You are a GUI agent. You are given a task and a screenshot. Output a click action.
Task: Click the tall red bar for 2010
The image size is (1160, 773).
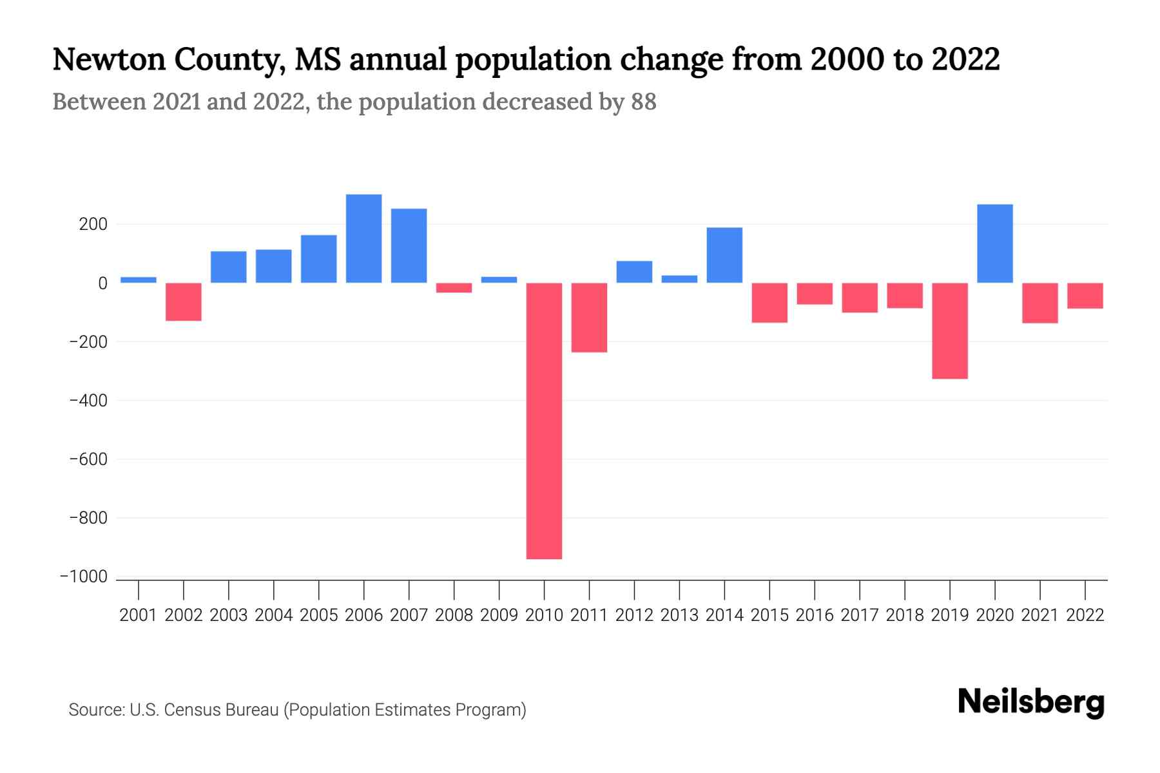point(544,421)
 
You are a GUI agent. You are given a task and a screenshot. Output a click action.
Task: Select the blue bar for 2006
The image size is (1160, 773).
point(363,238)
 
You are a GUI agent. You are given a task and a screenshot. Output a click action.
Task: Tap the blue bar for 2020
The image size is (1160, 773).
point(994,243)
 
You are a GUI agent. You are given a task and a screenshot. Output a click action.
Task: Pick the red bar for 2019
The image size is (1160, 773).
point(949,330)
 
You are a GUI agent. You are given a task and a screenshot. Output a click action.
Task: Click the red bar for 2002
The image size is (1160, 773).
point(184,301)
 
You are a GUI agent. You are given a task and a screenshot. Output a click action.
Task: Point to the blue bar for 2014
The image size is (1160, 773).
point(724,255)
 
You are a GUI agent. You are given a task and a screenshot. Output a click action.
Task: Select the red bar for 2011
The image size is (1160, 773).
point(589,318)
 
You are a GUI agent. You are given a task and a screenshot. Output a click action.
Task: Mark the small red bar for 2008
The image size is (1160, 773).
point(454,288)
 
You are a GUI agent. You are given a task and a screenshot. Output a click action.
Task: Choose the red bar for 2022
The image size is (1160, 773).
point(1085,296)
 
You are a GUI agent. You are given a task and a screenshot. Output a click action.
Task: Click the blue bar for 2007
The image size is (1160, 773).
point(409,245)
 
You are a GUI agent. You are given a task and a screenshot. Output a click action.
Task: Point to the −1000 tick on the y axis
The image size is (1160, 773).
point(84,577)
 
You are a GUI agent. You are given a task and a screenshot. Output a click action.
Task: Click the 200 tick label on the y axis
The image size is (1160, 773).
point(93,225)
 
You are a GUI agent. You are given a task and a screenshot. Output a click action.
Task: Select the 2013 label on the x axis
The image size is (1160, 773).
point(679,615)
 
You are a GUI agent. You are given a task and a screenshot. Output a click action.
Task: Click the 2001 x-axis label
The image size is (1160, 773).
point(139,615)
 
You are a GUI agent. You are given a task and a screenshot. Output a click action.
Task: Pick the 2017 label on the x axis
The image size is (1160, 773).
point(859,615)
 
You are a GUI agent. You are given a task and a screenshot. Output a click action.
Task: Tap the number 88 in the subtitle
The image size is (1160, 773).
point(643,102)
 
